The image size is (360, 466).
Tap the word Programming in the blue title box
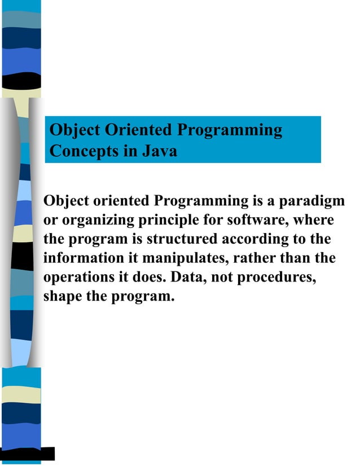click(x=230, y=130)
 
